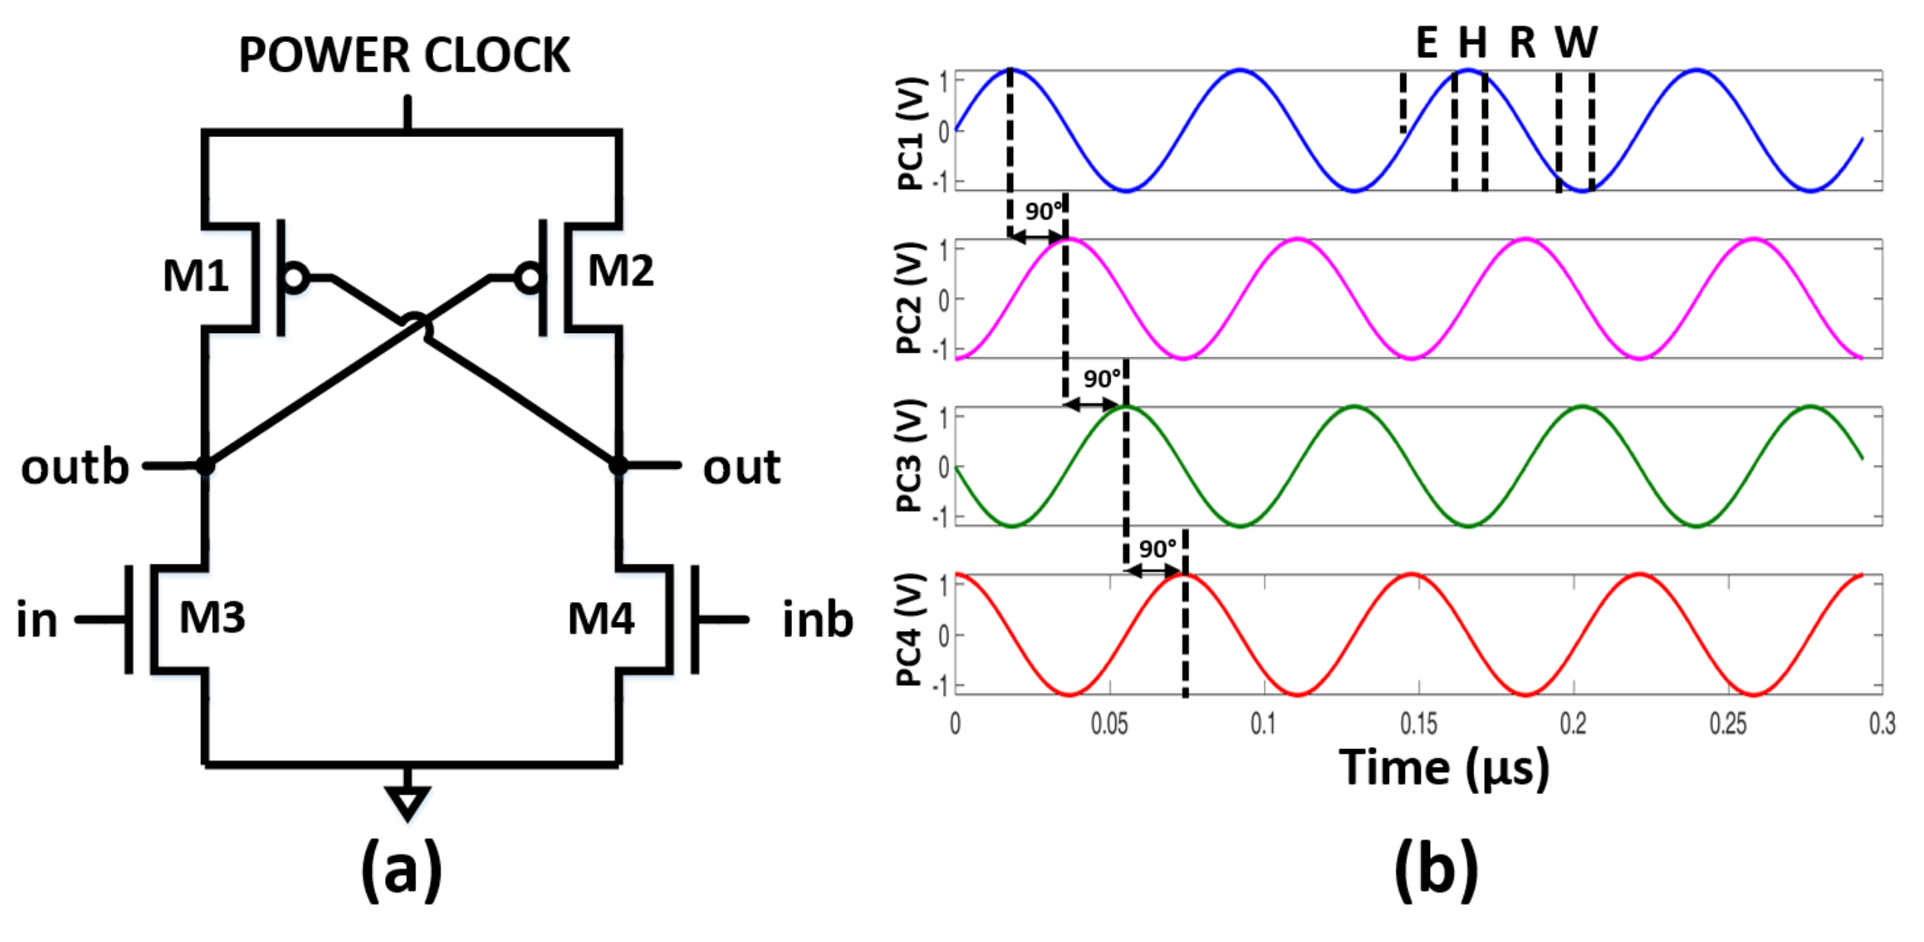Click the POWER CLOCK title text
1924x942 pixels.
coord(404,55)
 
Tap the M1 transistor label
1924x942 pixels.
coord(195,276)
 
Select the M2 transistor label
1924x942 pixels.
coord(620,271)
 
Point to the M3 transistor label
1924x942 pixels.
coord(212,617)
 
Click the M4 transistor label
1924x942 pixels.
coord(601,618)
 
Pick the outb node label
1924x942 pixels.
coord(75,467)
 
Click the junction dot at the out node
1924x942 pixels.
coord(618,465)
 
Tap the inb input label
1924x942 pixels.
coord(817,619)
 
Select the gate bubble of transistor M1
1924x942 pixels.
coord(295,278)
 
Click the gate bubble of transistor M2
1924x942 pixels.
coord(528,278)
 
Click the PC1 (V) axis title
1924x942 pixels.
coord(912,133)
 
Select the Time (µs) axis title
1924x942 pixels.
coord(1444,767)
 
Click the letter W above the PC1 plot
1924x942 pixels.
coord(1576,42)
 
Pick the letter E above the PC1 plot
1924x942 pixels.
coord(1426,42)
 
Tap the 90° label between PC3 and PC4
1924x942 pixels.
coord(1157,549)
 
